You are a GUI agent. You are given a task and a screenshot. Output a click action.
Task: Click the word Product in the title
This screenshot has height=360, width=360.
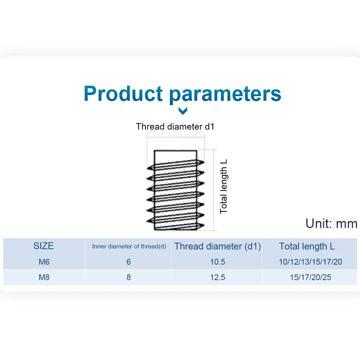[123, 93]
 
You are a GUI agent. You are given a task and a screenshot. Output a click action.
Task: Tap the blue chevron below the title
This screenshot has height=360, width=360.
[183, 111]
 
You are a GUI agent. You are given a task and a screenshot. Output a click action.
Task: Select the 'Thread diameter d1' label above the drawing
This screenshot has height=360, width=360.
[175, 126]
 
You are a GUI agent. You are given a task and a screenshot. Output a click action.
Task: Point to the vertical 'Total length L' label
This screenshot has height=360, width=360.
[224, 186]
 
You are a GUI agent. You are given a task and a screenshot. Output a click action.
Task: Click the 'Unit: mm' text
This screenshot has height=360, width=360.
[331, 223]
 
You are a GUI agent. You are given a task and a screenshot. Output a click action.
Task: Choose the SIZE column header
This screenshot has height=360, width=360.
[44, 246]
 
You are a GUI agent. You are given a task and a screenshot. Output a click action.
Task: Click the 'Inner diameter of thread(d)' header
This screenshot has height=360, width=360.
[129, 246]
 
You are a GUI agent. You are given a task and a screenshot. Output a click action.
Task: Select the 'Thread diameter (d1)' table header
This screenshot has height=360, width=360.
[218, 246]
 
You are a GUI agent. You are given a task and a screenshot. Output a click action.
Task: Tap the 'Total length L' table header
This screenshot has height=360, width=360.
[307, 246]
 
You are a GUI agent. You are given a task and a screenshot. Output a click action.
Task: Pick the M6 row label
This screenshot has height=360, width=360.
[44, 262]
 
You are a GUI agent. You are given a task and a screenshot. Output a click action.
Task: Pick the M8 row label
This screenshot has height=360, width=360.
[44, 277]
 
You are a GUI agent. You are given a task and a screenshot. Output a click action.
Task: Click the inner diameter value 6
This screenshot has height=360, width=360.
[129, 262]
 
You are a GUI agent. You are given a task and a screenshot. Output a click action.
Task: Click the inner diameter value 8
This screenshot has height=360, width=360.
[129, 277]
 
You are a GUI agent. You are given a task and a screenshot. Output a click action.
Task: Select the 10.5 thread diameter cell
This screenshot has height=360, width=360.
[218, 262]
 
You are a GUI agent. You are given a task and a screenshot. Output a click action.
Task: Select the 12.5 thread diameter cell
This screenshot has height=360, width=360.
[218, 277]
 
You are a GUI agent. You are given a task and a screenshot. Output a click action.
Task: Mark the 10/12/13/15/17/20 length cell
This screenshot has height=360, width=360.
[310, 262]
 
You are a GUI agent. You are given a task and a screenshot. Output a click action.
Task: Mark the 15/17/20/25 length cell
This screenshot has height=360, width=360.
[310, 277]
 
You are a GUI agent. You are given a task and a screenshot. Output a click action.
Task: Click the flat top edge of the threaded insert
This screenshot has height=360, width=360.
[175, 150]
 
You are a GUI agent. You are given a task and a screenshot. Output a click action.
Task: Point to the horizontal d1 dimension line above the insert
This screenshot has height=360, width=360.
[176, 137]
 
